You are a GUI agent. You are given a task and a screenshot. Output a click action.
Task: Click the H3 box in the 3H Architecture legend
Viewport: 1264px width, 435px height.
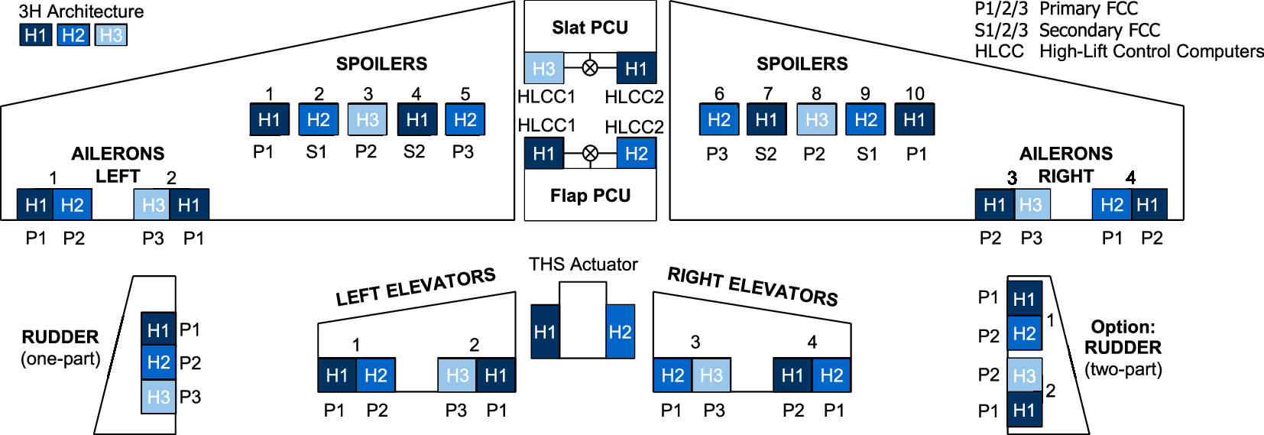point(111,35)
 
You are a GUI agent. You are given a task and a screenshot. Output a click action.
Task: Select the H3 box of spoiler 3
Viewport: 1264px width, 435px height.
point(368,120)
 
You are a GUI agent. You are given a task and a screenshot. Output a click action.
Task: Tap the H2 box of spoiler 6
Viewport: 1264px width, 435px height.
point(719,120)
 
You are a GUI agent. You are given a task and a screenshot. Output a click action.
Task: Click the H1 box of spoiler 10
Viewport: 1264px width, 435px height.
point(914,120)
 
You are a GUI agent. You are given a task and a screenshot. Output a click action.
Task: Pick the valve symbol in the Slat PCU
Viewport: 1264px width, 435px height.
point(590,68)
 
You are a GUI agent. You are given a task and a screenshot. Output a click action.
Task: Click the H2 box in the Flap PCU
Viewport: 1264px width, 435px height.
point(636,154)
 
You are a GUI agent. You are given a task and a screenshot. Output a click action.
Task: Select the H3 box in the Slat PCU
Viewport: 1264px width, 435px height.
point(543,69)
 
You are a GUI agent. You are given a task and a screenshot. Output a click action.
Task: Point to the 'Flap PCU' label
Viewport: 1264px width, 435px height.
point(590,196)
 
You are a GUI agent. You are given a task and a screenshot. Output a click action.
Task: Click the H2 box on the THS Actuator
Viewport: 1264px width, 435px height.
point(620,332)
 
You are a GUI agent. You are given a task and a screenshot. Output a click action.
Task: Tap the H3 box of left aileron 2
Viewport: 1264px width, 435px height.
point(153,205)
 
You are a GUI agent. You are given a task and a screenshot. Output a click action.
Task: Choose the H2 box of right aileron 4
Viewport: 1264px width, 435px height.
point(1112,205)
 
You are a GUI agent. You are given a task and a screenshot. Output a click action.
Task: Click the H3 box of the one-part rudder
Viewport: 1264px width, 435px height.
point(158,397)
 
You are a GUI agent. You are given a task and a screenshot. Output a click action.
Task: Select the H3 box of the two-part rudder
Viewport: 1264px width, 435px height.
point(1024,375)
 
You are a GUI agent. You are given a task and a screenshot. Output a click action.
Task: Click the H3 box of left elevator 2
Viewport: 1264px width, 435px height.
point(457,375)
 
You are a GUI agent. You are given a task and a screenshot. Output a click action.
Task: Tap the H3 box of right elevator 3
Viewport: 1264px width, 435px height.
point(711,375)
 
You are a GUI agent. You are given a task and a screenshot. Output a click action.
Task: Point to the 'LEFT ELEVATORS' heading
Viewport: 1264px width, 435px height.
point(416,287)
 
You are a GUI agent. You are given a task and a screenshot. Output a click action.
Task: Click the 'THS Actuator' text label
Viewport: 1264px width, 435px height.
point(583,265)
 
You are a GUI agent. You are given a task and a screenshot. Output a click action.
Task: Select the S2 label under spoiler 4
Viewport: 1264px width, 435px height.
point(414,152)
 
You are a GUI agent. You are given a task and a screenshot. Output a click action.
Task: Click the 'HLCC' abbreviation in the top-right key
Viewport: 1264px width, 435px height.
point(999,51)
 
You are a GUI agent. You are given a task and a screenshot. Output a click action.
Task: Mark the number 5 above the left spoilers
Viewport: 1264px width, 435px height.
point(465,94)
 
